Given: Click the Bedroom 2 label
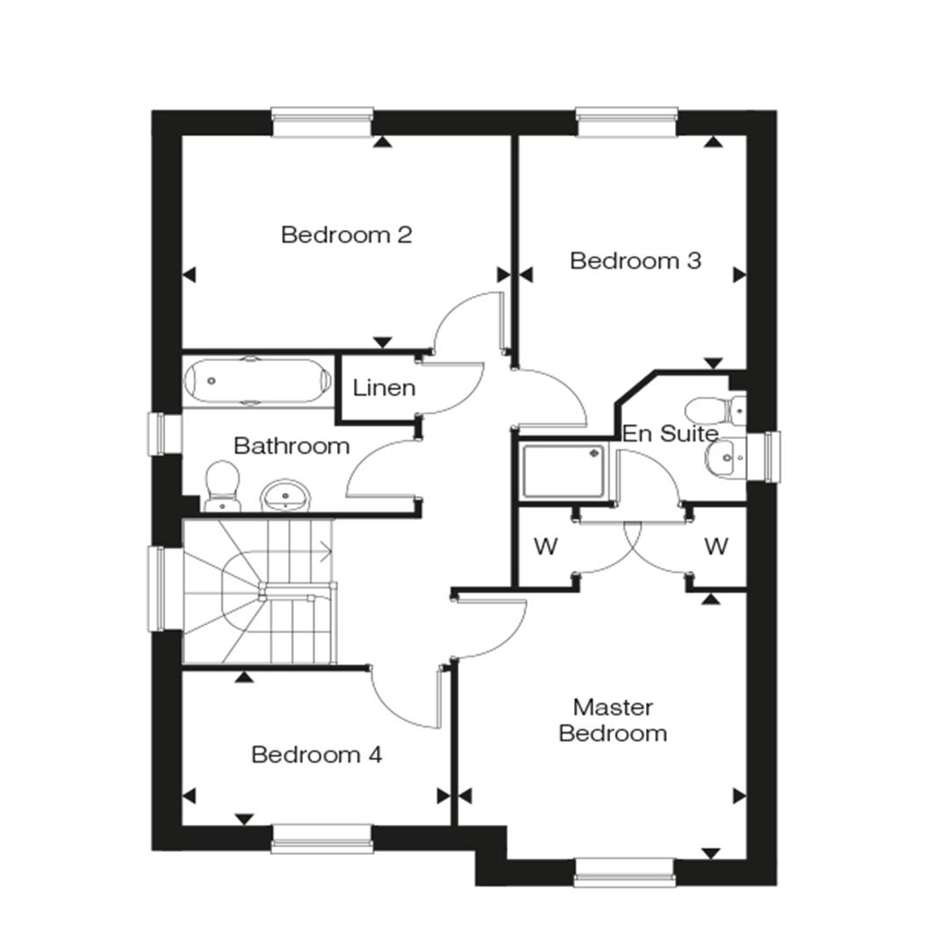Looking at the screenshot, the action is (347, 234).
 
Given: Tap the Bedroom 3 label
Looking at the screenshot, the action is (636, 261).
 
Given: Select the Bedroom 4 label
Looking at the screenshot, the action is (317, 755).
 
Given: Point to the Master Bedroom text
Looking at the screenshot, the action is (613, 720).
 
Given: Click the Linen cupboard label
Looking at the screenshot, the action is (384, 388).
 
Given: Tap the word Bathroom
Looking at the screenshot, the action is (291, 446).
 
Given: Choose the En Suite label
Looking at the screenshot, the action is (670, 434).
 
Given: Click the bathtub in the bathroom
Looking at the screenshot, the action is (258, 381).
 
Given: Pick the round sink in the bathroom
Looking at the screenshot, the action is (285, 496).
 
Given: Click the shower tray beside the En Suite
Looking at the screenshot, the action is (564, 471).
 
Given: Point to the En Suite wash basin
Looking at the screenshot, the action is (725, 457).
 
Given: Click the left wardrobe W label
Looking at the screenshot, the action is (545, 547).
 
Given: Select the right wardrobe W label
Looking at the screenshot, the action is (716, 547).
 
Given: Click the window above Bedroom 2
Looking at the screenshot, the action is (322, 122).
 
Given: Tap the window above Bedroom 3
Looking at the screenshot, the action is (627, 122).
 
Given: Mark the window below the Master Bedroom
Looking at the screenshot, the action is (625, 873).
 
